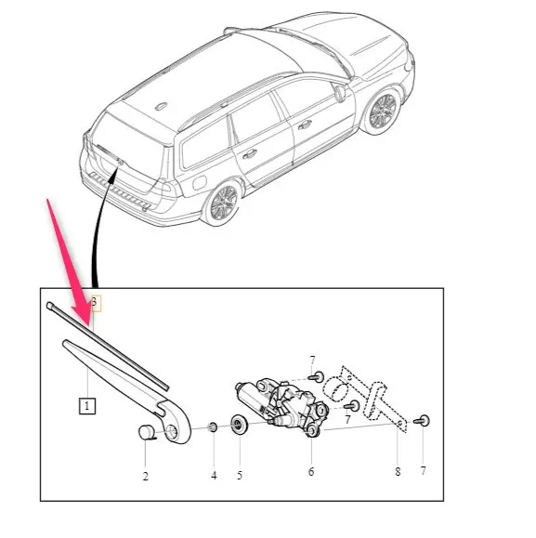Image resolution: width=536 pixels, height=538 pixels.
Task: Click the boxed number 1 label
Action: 86,406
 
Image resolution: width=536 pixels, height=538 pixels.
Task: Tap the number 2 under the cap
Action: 146,476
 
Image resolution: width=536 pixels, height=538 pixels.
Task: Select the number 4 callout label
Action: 213,476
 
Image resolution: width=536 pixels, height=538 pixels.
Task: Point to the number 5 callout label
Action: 240,476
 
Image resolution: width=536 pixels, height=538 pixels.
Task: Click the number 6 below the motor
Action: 311,473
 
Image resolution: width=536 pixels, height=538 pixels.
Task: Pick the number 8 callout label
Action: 397,473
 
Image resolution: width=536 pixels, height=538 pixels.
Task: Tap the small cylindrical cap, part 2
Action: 148,431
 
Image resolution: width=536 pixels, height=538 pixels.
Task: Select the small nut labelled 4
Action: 212,426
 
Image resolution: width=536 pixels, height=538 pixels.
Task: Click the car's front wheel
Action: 382,112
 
